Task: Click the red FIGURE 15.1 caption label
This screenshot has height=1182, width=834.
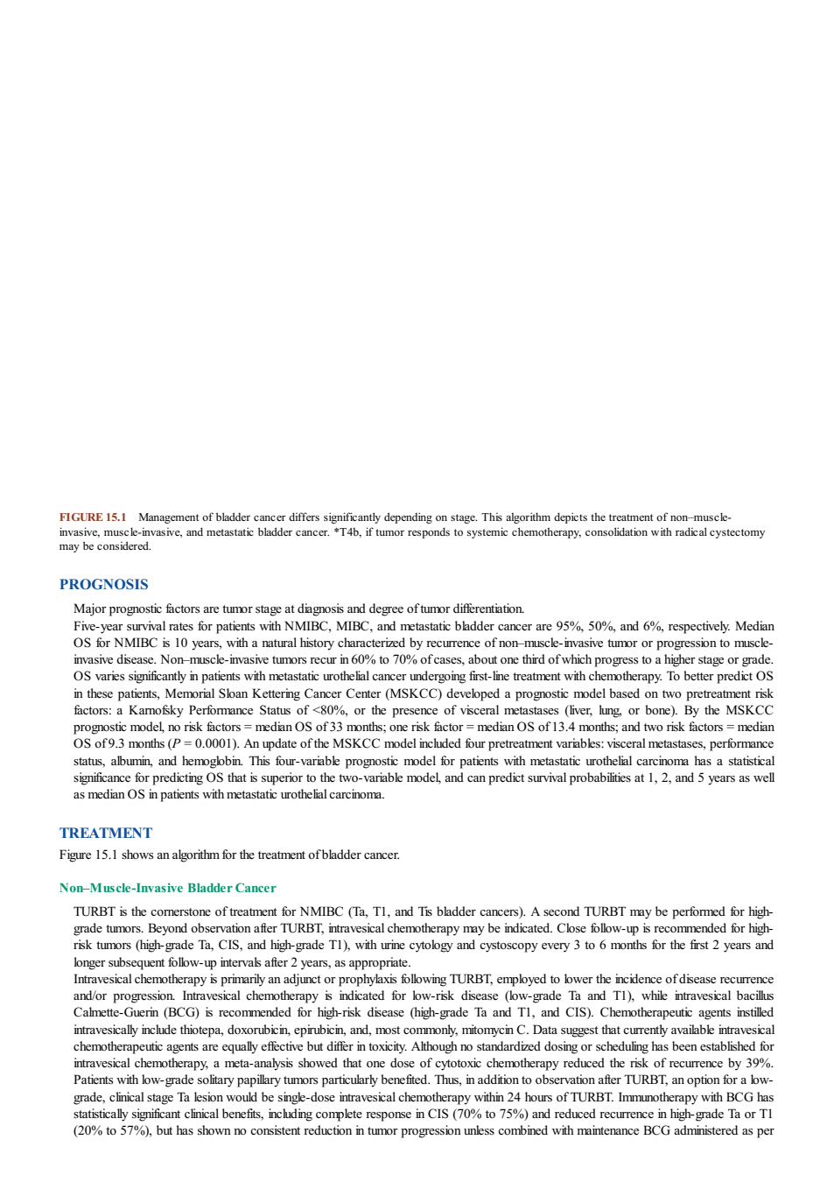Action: pos(93,517)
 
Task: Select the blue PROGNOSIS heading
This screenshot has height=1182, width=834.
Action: pos(103,584)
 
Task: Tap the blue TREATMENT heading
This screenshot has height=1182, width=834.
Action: pos(106,833)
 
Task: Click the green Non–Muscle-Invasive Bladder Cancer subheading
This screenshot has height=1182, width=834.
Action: pos(168,888)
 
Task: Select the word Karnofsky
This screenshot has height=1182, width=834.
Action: pos(156,710)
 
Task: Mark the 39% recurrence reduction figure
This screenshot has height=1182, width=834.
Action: pos(761,1063)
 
